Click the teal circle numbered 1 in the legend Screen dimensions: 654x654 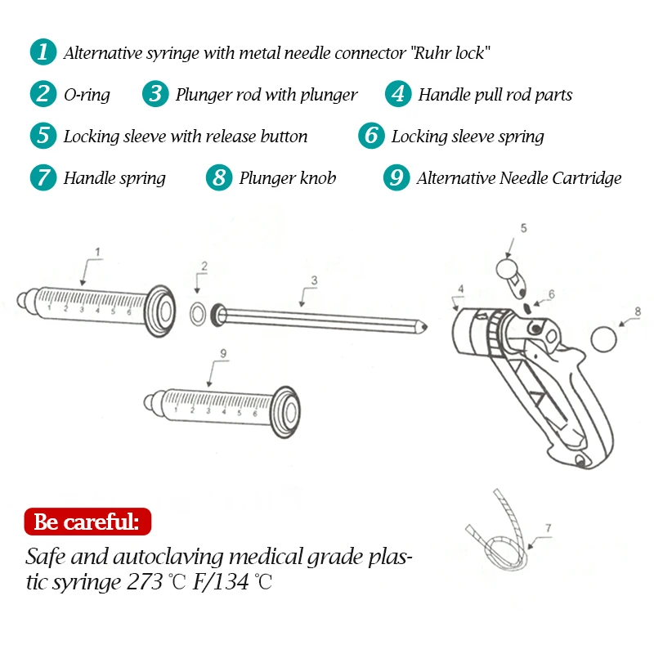pyautogui.click(x=43, y=52)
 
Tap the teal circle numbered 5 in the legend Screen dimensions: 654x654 pyautogui.click(x=43, y=135)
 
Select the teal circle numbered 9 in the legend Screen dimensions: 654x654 pyautogui.click(x=396, y=177)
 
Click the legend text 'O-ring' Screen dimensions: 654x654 pyautogui.click(x=87, y=95)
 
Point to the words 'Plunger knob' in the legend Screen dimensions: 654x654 pyautogui.click(x=287, y=178)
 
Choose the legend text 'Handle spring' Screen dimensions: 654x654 pyautogui.click(x=114, y=178)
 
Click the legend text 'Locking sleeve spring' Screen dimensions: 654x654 pyautogui.click(x=468, y=137)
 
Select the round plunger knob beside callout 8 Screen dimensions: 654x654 pyautogui.click(x=603, y=338)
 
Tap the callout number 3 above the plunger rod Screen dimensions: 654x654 pyautogui.click(x=313, y=281)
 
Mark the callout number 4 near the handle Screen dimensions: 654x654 pyautogui.click(x=461, y=289)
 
